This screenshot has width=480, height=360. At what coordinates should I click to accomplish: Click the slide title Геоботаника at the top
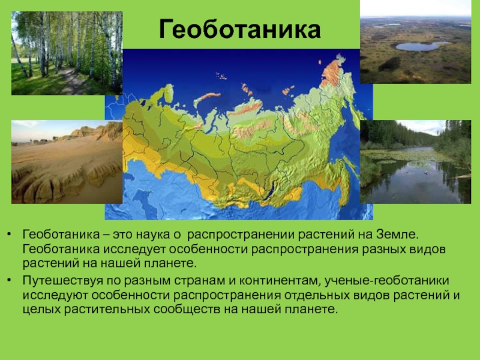(x=239, y=29)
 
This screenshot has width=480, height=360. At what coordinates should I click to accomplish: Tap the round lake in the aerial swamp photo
(x=421, y=46)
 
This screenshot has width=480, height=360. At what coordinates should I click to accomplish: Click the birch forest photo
(x=67, y=53)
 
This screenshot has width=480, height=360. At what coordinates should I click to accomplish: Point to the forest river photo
(x=415, y=162)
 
